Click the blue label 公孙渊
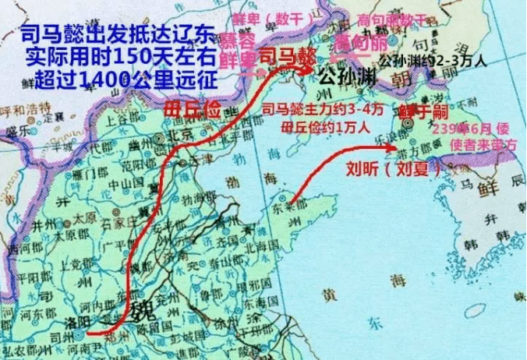coord(346,76)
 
